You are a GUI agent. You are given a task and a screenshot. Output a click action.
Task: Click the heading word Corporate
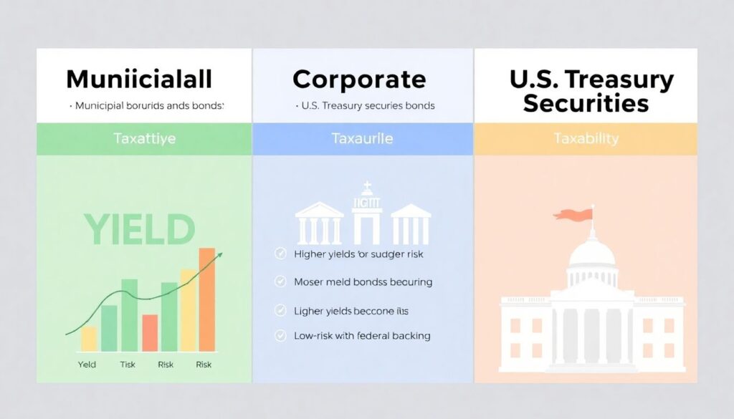pyautogui.click(x=359, y=79)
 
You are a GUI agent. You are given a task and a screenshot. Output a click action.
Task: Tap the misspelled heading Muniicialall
pyautogui.click(x=139, y=79)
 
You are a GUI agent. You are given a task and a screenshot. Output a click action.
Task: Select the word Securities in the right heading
pyautogui.click(x=586, y=103)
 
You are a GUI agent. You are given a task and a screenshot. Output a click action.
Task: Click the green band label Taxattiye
pyautogui.click(x=144, y=139)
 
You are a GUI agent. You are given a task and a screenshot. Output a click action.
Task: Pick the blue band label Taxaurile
pyautogui.click(x=362, y=139)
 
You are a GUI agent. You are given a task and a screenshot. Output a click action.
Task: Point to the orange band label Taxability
pyautogui.click(x=586, y=139)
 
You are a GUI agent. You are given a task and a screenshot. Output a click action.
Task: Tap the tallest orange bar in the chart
pyautogui.click(x=206, y=299)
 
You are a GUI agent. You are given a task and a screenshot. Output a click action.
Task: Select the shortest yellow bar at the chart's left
pyautogui.click(x=89, y=339)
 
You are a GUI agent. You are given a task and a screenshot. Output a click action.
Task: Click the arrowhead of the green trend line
pyautogui.click(x=219, y=254)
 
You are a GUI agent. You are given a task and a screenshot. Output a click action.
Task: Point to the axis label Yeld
pyautogui.click(x=87, y=365)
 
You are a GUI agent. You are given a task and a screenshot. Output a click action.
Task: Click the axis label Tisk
pyautogui.click(x=128, y=365)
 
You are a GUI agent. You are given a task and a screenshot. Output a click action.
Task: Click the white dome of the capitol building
pyautogui.click(x=591, y=252)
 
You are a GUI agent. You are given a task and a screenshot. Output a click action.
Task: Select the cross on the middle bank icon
pyautogui.click(x=366, y=188)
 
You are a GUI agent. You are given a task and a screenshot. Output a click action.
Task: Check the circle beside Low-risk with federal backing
pyautogui.click(x=280, y=335)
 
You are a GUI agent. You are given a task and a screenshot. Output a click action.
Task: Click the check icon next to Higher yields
pyautogui.click(x=280, y=254)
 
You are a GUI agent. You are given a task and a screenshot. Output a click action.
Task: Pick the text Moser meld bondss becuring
pyautogui.click(x=363, y=282)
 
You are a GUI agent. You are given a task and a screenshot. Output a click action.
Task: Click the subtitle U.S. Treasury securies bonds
pyautogui.click(x=366, y=106)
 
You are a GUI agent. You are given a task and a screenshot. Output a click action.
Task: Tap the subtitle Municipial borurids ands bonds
pyautogui.click(x=147, y=106)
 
